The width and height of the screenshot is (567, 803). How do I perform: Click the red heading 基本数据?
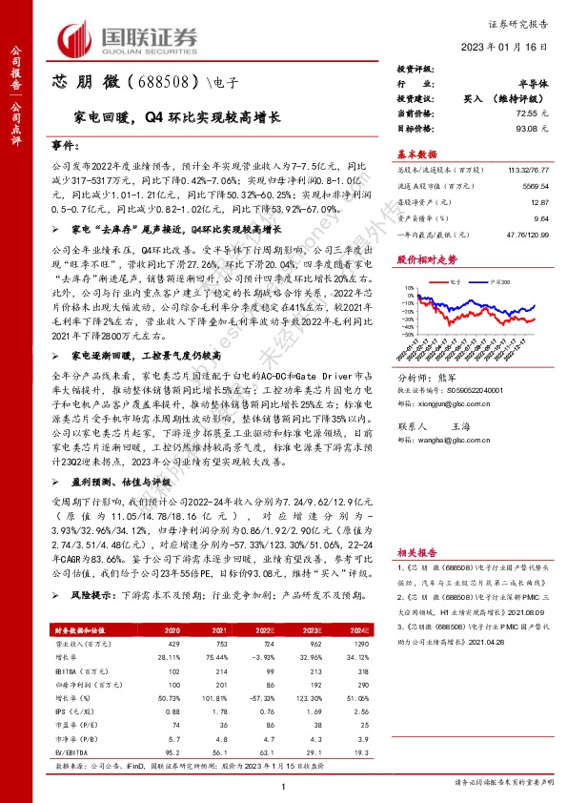click(x=416, y=154)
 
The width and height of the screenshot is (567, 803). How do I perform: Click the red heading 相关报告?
click(x=416, y=552)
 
